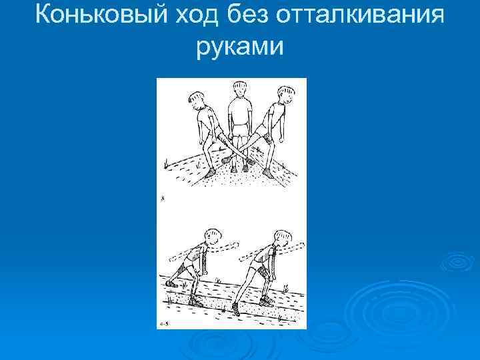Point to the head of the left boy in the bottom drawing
(x=214, y=237)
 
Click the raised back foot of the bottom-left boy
(x=172, y=283)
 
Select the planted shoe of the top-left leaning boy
(x=210, y=173)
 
